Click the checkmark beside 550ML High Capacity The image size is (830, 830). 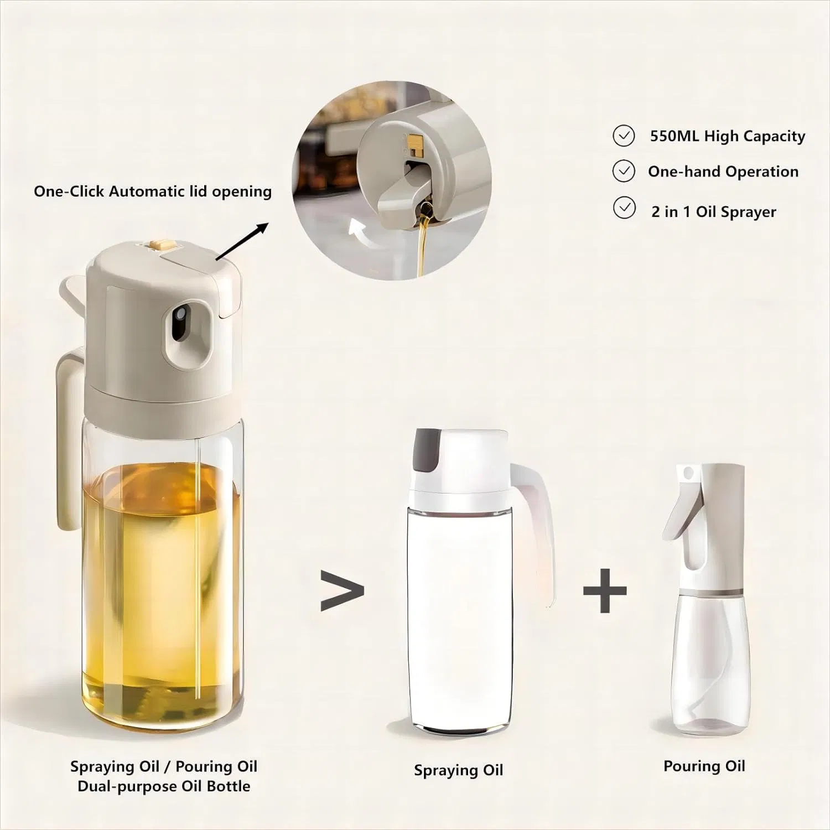point(624,136)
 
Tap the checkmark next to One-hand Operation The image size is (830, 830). point(624,172)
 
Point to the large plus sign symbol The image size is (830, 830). point(605,590)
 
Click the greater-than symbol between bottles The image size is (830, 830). point(342,591)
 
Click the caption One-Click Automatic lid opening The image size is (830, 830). point(153,191)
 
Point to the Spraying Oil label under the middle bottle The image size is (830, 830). point(458,770)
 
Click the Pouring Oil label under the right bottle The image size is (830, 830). point(704,766)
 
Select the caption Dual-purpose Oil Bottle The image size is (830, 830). point(164,786)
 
